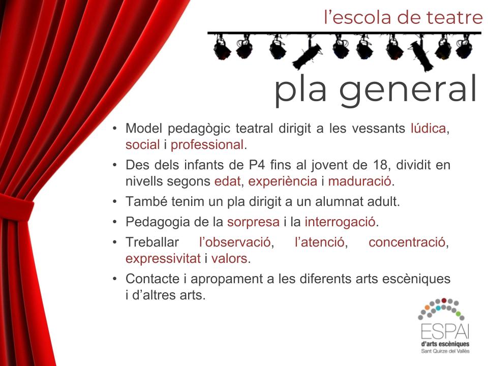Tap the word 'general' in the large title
pos(408,90)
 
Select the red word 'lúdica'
pos(428,128)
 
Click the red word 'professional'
pos(207,145)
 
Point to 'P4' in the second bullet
pos(257,165)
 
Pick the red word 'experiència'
pos(283,181)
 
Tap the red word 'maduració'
pos(359,181)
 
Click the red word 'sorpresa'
pos(253,222)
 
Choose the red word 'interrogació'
pos(340,222)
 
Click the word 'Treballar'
pos(152,242)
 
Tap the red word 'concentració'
pos(407,242)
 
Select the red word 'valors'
pos(229,259)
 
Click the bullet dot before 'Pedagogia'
pos(115,222)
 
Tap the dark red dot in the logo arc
pos(444,300)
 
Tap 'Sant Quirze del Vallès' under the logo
pos(445,351)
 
